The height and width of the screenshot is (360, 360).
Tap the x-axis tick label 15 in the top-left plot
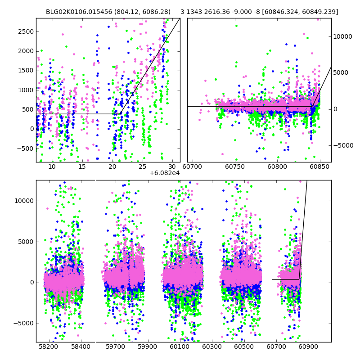pyautogui.click(x=82, y=167)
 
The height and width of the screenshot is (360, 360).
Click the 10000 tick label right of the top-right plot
pyautogui.click(x=342, y=37)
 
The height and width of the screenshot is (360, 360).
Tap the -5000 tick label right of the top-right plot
pyautogui.click(x=343, y=145)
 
